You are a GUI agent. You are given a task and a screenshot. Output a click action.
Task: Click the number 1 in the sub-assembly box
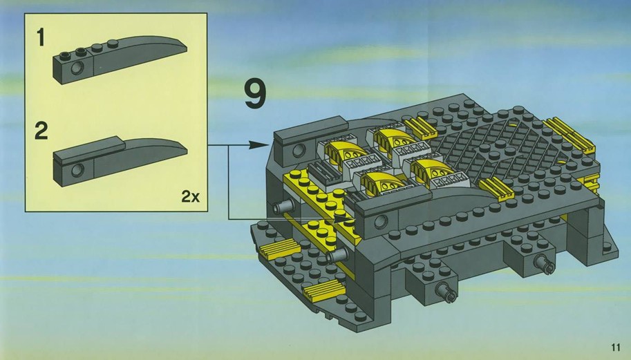(x=41, y=37)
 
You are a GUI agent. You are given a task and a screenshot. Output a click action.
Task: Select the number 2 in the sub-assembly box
(x=41, y=131)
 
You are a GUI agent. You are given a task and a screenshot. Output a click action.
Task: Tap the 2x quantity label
(x=190, y=197)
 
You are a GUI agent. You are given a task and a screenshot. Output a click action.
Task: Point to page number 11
(x=615, y=347)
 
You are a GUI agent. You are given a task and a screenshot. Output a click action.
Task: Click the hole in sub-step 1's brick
(x=77, y=68)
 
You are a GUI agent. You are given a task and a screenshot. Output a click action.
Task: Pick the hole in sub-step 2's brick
(x=77, y=170)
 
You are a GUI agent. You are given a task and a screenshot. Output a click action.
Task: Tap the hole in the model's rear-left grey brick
(x=299, y=151)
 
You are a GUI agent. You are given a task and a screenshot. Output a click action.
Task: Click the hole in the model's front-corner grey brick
(x=380, y=221)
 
